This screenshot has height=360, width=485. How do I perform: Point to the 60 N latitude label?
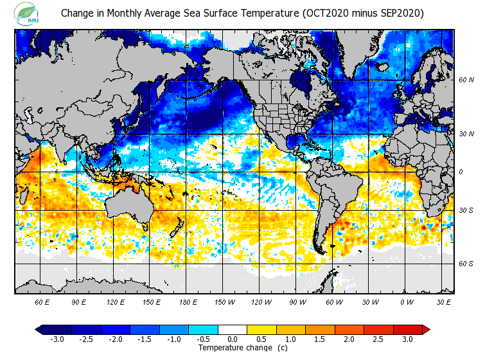pos(466,80)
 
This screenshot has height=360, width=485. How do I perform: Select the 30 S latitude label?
pos(466,210)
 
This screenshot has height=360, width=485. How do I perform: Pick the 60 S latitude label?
pos(466,263)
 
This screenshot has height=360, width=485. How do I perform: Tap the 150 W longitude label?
pos(224,301)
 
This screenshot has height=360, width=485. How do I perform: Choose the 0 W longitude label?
pos(407,301)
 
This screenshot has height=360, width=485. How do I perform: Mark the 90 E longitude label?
pos(79,301)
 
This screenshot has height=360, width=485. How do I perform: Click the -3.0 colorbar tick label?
pos(57,339)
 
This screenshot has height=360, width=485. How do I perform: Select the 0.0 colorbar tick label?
pos(233,339)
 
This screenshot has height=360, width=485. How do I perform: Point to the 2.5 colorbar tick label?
pos(378,339)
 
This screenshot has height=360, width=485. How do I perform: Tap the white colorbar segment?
pos(233,330)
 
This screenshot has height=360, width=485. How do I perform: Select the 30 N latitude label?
pos(466,134)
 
